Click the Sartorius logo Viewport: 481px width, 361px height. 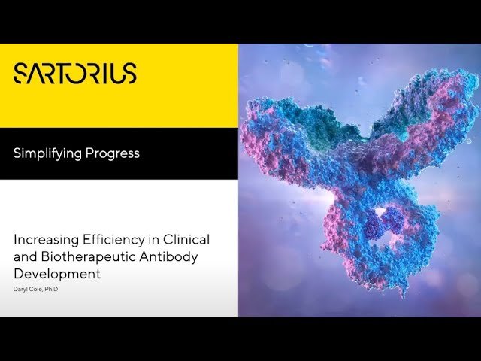[75, 74]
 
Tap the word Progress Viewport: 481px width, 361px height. [112, 153]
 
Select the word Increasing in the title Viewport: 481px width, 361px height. [46, 240]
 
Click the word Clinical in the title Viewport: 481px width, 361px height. [186, 239]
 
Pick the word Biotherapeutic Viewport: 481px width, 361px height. [88, 256]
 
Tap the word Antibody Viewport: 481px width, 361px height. [168, 257]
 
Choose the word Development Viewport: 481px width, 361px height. [57, 274]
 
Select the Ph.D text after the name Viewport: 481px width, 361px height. [51, 289]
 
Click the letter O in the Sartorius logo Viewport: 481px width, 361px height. [80, 74]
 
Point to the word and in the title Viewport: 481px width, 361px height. [26, 256]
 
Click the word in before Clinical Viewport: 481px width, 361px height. [153, 240]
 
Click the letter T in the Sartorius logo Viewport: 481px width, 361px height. [62, 74]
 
